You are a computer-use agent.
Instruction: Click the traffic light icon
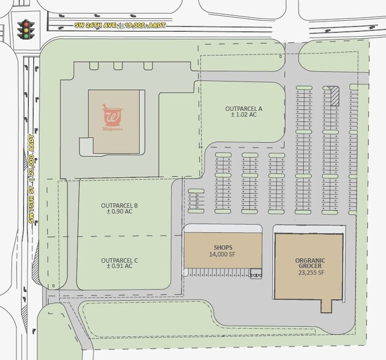click(x=25, y=29)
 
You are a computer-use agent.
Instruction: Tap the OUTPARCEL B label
click(x=119, y=205)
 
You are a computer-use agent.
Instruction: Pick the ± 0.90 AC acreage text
click(x=119, y=212)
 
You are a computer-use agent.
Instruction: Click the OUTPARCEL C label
click(x=120, y=260)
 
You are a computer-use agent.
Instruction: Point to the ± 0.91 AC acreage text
click(x=120, y=267)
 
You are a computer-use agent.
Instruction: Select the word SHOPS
click(x=223, y=247)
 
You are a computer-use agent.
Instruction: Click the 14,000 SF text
click(x=223, y=254)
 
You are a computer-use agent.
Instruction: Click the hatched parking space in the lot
click(x=334, y=95)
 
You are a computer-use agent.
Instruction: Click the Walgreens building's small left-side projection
click(x=86, y=146)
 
